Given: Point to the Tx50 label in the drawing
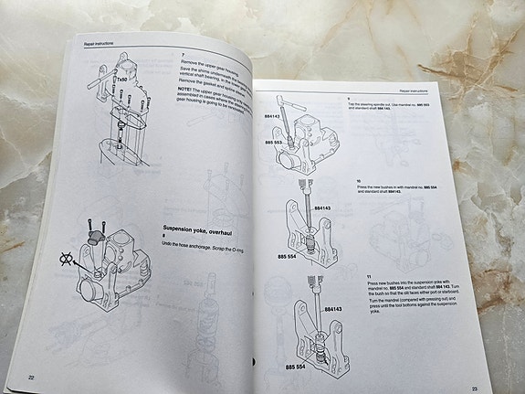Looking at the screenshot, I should (120, 80).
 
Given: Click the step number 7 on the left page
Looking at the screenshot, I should (184, 54).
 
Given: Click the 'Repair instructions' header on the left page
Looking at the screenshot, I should (101, 42).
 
